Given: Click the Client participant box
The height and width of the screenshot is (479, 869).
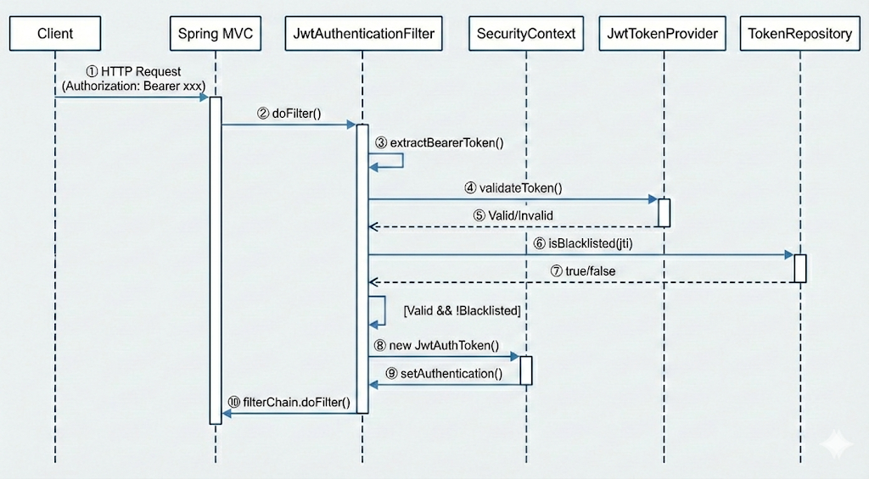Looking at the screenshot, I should [x=56, y=35].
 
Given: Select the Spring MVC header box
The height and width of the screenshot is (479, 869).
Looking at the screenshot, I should [x=216, y=35].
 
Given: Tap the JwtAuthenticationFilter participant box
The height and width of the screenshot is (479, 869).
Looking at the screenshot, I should [x=362, y=35].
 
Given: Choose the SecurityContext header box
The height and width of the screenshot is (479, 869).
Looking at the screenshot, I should [x=526, y=35].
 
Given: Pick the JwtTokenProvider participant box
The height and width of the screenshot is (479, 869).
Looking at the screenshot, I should [x=664, y=35].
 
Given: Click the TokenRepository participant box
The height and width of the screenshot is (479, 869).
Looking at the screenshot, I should [x=800, y=35].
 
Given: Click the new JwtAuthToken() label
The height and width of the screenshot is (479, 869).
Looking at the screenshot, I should [x=436, y=346].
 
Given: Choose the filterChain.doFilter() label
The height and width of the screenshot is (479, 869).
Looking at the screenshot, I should [x=289, y=402].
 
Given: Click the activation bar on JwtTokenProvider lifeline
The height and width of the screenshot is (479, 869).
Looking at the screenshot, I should [x=664, y=212].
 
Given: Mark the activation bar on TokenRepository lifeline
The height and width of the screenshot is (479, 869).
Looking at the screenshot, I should [x=800, y=268].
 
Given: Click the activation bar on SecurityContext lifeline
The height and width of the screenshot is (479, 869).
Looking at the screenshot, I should [x=526, y=370].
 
